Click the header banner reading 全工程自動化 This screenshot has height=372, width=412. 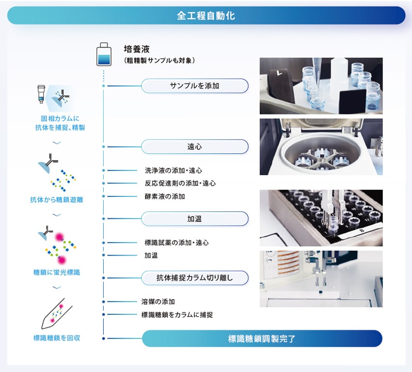pyautogui.click(x=206, y=16)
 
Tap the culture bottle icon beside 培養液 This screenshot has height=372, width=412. pyautogui.click(x=104, y=54)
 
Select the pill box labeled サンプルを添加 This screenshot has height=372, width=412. pyautogui.click(x=195, y=86)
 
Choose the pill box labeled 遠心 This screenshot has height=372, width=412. pyautogui.click(x=195, y=146)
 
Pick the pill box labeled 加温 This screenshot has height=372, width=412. pyautogui.click(x=195, y=219)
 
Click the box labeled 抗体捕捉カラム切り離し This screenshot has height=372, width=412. pyautogui.click(x=195, y=278)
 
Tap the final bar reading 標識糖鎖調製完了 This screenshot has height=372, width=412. pyautogui.click(x=262, y=339)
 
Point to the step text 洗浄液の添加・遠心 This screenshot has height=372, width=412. pyautogui.click(x=173, y=171)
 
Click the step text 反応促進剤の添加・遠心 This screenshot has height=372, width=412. pyautogui.click(x=180, y=183)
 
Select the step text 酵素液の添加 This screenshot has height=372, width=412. pyautogui.click(x=164, y=196)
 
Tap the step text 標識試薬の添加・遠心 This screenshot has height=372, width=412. pyautogui.click(x=176, y=243)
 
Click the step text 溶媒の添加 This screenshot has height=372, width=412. pyautogui.click(x=158, y=302)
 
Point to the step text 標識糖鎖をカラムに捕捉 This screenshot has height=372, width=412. pyautogui.click(x=177, y=315)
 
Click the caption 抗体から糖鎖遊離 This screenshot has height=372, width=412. pyautogui.click(x=57, y=200)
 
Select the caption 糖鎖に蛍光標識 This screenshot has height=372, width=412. pyautogui.click(x=57, y=273)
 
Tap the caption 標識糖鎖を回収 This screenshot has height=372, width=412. pyautogui.click(x=57, y=338)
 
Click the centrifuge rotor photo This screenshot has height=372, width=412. pyautogui.click(x=321, y=147)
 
